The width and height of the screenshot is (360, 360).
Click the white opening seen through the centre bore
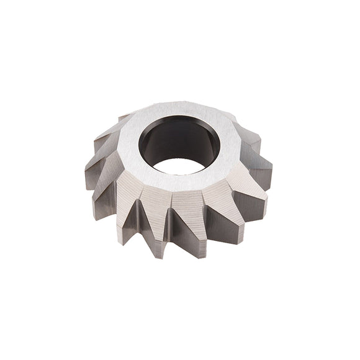point(180,166)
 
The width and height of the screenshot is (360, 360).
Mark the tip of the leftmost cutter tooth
point(87,180)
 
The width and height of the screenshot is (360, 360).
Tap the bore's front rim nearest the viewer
point(180,174)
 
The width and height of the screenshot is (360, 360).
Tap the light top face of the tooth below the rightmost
point(248,186)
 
